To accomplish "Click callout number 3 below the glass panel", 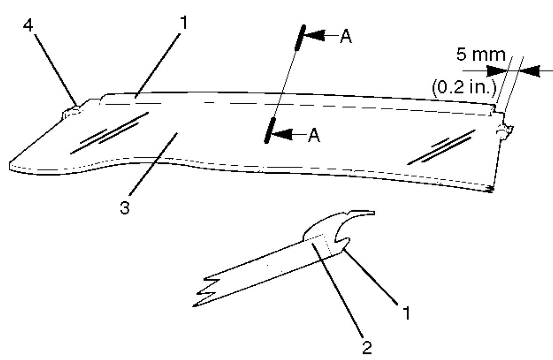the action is (x=124, y=208).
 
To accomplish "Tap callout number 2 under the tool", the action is (x=367, y=346).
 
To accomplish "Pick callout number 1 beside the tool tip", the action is (x=407, y=312).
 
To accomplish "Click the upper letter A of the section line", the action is (x=345, y=37).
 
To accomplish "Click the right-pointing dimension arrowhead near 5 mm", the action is (x=497, y=71).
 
